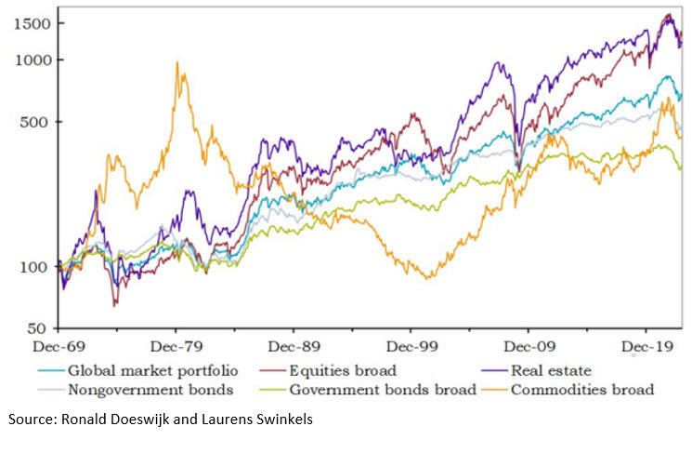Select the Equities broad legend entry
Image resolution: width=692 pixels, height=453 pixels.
click(x=346, y=371)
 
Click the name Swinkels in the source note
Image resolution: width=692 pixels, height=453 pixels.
click(x=284, y=420)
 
